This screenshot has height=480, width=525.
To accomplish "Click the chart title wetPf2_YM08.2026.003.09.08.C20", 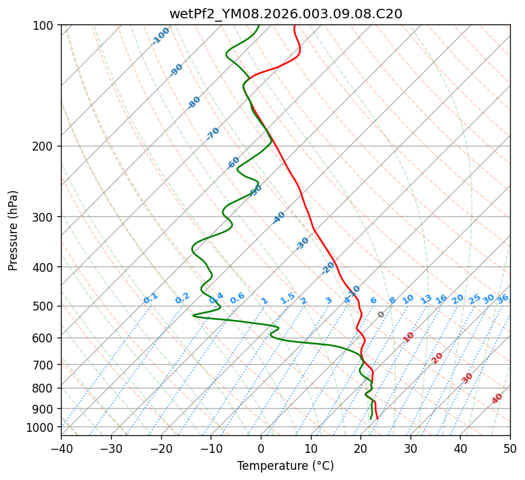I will coord(285,14).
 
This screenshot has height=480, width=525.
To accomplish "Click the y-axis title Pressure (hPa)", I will coord(14,231).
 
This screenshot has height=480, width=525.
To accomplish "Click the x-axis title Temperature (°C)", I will coord(285,466).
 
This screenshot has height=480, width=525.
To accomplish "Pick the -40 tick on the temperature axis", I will coord(61,448).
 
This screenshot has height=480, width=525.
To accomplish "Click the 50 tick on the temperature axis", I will coord(510,448).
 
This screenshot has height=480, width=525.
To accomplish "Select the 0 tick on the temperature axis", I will coord(261,448).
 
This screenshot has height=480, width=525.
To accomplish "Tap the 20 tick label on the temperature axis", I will coord(360,448).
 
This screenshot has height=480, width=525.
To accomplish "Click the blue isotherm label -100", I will coord(161,36).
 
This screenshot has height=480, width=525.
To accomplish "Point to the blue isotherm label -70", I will coord(213,134).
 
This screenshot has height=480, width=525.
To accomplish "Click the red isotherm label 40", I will coord(497,399).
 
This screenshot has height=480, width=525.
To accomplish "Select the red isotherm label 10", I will coord(408,337).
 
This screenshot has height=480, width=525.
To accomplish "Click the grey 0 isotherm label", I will coord(381,315).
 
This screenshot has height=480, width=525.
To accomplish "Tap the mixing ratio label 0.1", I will coord(150,298).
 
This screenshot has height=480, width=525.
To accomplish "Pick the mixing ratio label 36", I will coord(503,298).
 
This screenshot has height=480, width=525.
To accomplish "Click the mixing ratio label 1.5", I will coord(287,298).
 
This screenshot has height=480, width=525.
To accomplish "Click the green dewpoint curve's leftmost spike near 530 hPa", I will coord(194,315).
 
